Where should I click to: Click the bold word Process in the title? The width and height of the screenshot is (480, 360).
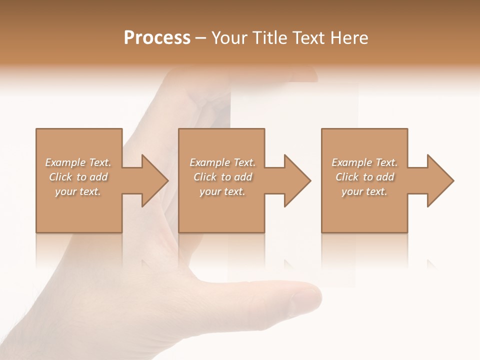pyautogui.click(x=157, y=38)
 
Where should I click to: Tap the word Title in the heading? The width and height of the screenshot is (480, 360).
pyautogui.click(x=268, y=38)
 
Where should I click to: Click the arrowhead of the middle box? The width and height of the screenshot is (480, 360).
pyautogui.click(x=297, y=180)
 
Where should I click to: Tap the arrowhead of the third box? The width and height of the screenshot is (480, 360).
pyautogui.click(x=440, y=180)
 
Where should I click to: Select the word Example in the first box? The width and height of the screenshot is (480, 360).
pyautogui.click(x=65, y=162)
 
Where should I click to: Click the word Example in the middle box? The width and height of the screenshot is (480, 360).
pyautogui.click(x=209, y=162)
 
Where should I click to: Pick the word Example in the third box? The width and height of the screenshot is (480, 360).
pyautogui.click(x=351, y=162)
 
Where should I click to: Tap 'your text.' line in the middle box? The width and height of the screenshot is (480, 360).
pyautogui.click(x=222, y=191)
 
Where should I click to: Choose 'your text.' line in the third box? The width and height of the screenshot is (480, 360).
pyautogui.click(x=364, y=191)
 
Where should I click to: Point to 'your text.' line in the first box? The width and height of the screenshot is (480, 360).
pyautogui.click(x=77, y=191)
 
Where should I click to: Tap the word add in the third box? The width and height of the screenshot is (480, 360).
pyautogui.click(x=385, y=177)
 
